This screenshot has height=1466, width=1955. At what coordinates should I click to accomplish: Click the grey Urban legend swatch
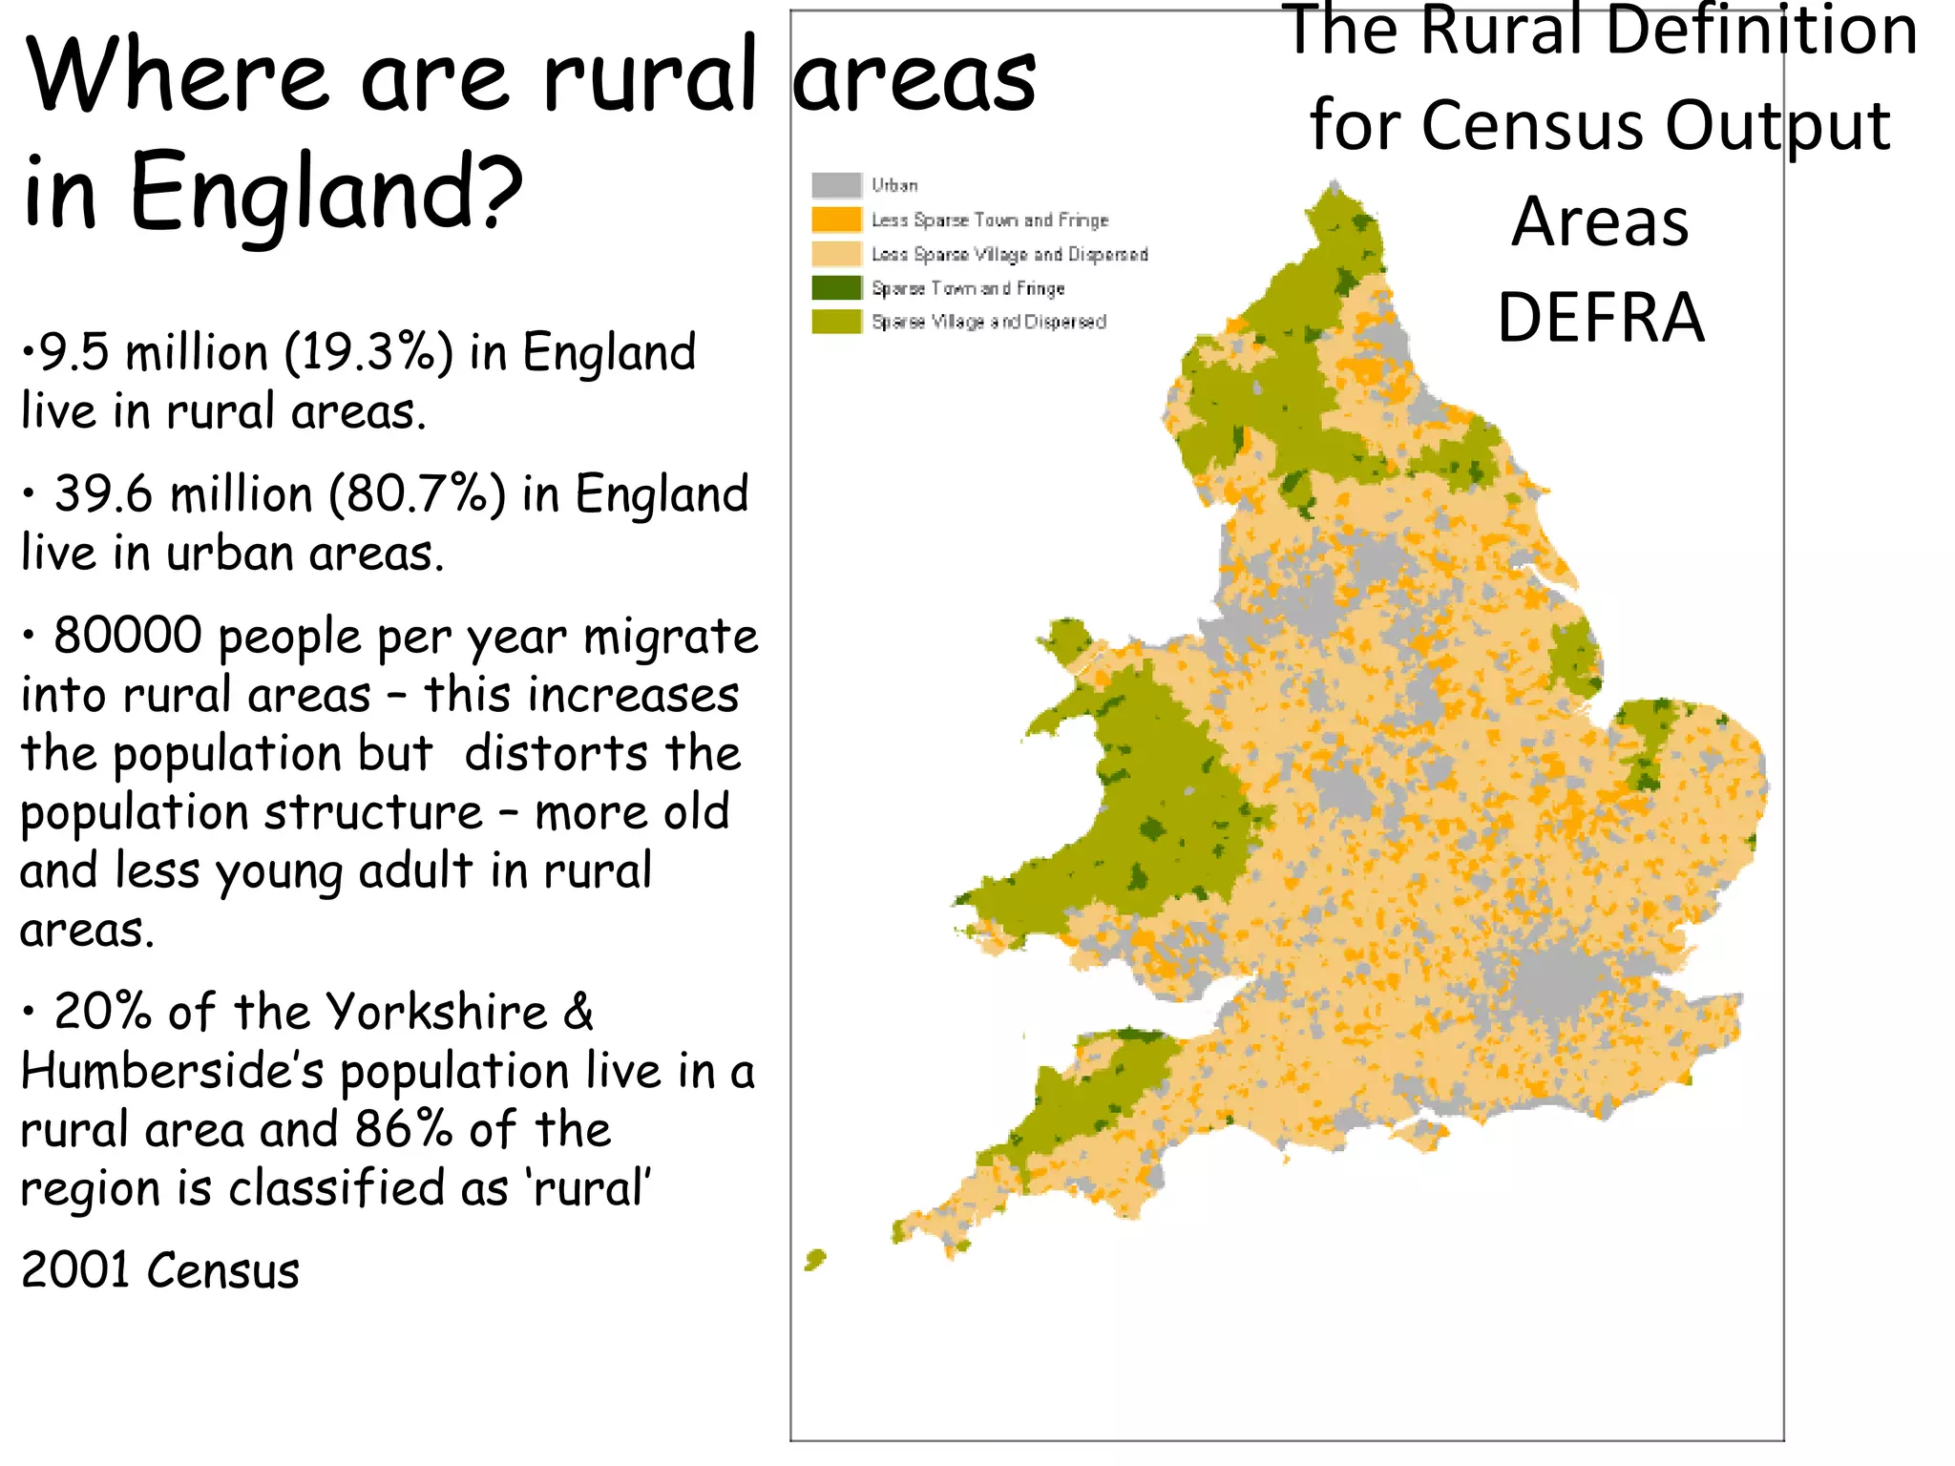click(836, 185)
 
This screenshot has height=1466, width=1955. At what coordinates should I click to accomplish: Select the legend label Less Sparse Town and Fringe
click(989, 220)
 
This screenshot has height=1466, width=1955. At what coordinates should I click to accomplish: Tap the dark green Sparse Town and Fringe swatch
click(836, 287)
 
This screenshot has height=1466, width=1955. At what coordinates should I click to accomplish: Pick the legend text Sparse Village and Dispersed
click(989, 322)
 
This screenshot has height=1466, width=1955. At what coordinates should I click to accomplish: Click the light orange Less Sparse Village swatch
click(836, 254)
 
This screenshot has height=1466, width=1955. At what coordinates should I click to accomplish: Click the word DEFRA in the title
click(1600, 318)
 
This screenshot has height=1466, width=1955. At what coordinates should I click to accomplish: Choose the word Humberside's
click(173, 1071)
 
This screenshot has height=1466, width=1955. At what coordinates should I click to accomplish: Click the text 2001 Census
click(160, 1271)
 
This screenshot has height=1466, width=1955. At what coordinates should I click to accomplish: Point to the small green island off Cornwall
click(815, 1260)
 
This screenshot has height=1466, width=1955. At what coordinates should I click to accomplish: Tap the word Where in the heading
click(178, 76)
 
